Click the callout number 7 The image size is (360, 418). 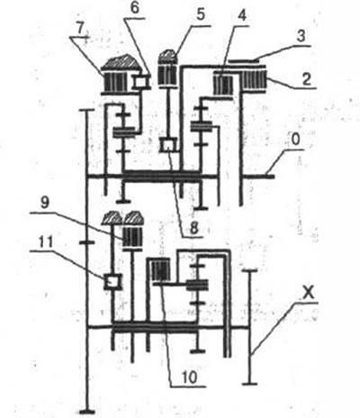[80, 28]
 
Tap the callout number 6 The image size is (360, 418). [135, 8]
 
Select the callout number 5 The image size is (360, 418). [200, 14]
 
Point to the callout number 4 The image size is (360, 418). [242, 15]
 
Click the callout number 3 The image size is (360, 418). [301, 35]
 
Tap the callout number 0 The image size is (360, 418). [296, 141]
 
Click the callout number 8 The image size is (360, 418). [193, 228]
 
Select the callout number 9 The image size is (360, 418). [44, 203]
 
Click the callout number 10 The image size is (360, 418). [189, 377]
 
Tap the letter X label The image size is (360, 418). [308, 292]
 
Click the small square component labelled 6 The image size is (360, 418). [141, 82]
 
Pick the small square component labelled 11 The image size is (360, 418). [112, 282]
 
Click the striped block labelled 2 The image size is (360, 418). [254, 80]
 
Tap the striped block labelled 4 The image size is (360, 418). [223, 85]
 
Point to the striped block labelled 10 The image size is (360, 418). [160, 270]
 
